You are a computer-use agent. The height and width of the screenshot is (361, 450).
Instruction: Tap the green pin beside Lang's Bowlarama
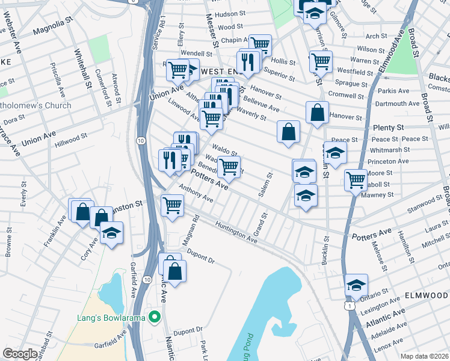155,316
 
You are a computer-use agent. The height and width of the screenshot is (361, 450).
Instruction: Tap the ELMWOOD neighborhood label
426,296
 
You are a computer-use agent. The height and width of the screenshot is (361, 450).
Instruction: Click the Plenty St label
388,128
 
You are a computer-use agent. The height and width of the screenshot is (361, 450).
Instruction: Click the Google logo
20,354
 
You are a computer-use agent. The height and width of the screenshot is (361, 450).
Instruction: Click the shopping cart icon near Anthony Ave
173,205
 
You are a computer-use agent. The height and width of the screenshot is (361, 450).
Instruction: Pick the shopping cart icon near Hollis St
260,44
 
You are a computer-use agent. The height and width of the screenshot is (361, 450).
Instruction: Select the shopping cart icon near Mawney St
356,179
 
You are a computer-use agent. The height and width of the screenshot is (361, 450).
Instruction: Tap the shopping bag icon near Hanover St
317,112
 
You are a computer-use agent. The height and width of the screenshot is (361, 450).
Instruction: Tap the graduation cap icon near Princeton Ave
336,151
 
